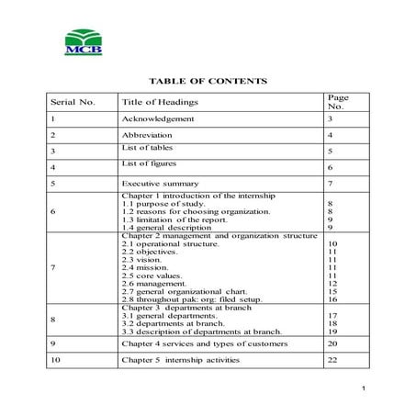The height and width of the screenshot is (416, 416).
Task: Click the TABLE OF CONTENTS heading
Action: (208, 81)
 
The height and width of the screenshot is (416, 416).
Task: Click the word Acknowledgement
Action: (158, 119)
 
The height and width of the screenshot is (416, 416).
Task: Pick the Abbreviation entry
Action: (149, 135)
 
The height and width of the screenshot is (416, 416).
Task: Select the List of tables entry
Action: (147, 148)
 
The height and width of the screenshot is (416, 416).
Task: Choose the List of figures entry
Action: (148, 163)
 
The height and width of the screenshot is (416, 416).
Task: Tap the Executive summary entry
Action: (160, 184)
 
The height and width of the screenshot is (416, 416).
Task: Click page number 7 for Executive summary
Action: (330, 184)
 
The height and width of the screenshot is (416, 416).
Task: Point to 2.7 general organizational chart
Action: (186, 290)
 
